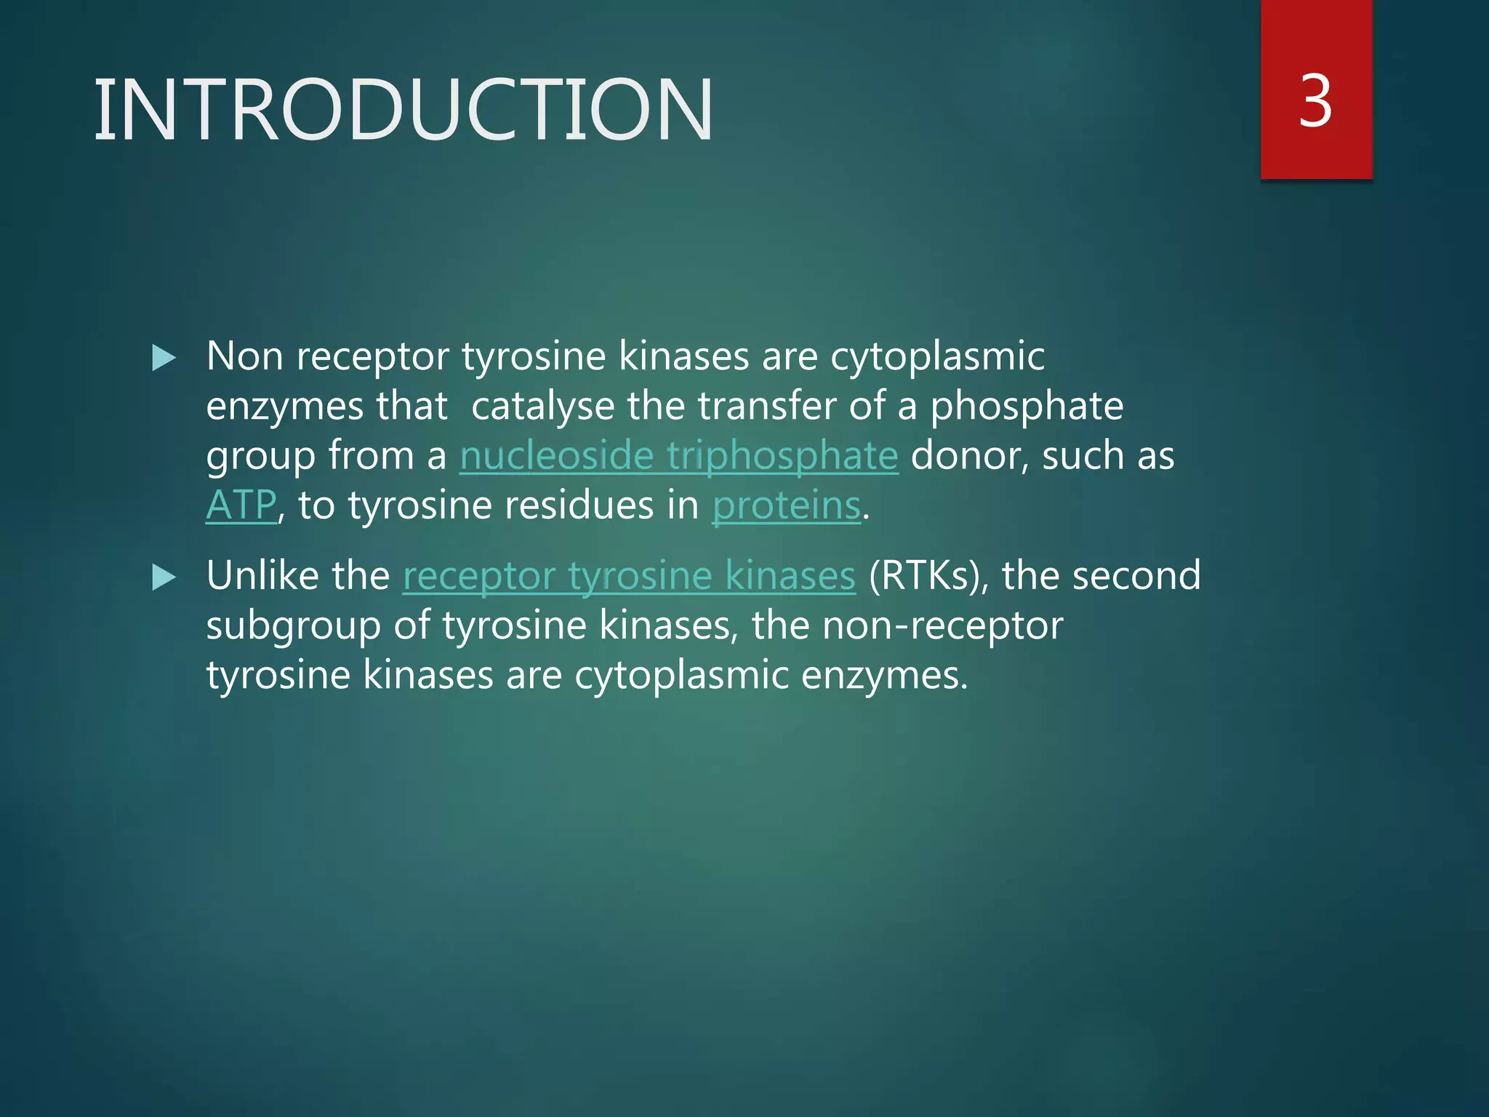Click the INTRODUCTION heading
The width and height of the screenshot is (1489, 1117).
point(404,110)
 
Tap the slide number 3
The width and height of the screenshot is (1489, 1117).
point(1315,102)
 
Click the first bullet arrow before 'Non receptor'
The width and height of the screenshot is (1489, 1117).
point(164,358)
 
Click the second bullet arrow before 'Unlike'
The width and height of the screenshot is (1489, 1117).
point(164,578)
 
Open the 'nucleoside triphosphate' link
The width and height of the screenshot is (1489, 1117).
point(678,457)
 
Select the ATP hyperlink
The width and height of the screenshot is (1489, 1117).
point(241,505)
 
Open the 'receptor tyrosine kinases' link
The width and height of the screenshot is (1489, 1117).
point(629,577)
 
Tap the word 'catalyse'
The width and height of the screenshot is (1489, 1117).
point(542,407)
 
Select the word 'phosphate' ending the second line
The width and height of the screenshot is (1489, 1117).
point(1027,407)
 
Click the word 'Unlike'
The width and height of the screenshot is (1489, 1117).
point(298,576)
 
